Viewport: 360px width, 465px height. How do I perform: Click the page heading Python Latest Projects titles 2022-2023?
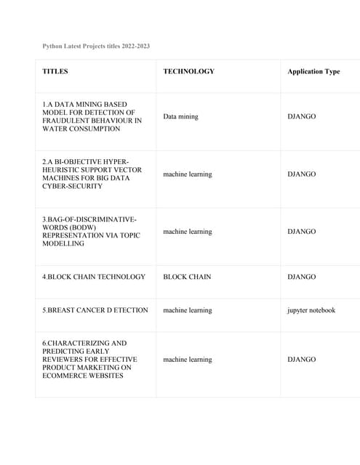(96, 46)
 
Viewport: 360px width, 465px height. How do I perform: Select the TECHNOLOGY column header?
(188, 71)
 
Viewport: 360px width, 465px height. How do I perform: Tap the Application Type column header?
(313, 71)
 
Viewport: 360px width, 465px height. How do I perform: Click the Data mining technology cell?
(180, 116)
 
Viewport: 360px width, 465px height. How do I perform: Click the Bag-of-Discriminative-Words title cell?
(89, 231)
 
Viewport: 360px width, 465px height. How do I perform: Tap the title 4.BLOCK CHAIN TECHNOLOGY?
(94, 277)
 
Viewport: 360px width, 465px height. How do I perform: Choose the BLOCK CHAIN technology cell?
(187, 277)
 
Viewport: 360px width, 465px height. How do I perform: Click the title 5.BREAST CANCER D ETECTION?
(95, 310)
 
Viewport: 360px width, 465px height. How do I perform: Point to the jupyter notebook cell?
(311, 310)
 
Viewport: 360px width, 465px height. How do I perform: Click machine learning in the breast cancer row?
(188, 310)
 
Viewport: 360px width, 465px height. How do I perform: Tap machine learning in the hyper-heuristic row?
(188, 174)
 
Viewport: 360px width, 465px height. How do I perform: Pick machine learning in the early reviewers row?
(188, 360)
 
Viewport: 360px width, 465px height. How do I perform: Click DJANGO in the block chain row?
(302, 277)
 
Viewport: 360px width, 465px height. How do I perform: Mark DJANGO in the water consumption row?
(302, 116)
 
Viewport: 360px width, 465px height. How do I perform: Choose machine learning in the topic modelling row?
(188, 232)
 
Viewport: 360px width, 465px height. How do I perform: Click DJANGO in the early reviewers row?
(302, 360)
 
